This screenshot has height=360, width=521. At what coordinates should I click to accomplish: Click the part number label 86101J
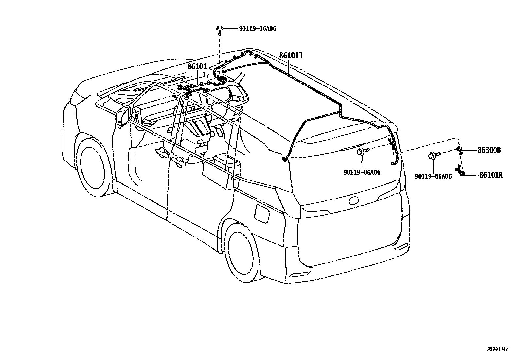[x=291, y=56]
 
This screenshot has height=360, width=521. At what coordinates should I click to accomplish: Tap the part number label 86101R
[x=491, y=175]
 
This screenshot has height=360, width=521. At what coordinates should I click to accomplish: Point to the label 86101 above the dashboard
[x=197, y=66]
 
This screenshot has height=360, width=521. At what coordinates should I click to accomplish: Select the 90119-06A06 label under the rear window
[x=362, y=172]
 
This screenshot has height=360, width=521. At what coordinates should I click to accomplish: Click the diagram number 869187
[x=497, y=349]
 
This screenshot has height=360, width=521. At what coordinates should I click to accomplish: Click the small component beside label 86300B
[x=460, y=150]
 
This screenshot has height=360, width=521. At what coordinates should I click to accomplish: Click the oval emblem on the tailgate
[x=354, y=200]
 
